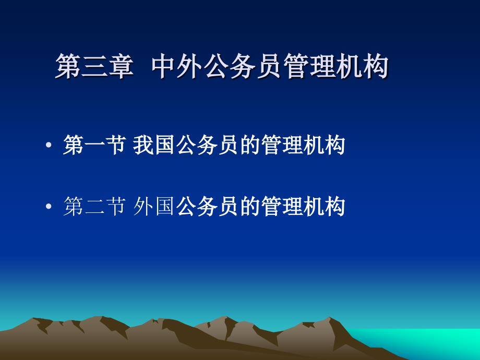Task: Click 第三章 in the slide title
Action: click(x=94, y=66)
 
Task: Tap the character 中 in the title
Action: click(x=164, y=66)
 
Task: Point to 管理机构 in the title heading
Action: click(x=336, y=66)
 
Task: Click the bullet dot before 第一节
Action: click(x=49, y=145)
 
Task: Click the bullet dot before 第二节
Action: click(x=49, y=206)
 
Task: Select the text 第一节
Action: click(x=94, y=145)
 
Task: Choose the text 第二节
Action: click(x=94, y=206)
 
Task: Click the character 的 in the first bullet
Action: click(x=250, y=145)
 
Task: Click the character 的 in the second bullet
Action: click(x=250, y=206)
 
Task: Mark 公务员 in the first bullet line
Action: click(x=207, y=145)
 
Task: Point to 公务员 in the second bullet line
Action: click(x=207, y=206)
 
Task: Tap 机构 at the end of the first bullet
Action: click(x=325, y=145)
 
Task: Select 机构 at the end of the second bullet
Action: click(x=325, y=206)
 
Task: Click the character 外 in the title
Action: click(x=190, y=66)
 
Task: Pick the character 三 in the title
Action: click(x=94, y=66)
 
